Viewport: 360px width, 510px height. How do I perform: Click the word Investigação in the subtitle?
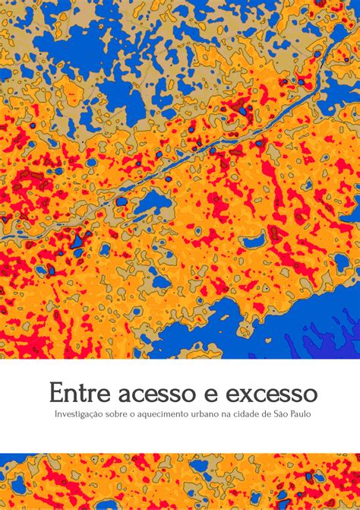point(79,414)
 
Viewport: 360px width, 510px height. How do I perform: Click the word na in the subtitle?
point(230,414)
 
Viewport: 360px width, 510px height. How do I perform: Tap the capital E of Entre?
point(56,394)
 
